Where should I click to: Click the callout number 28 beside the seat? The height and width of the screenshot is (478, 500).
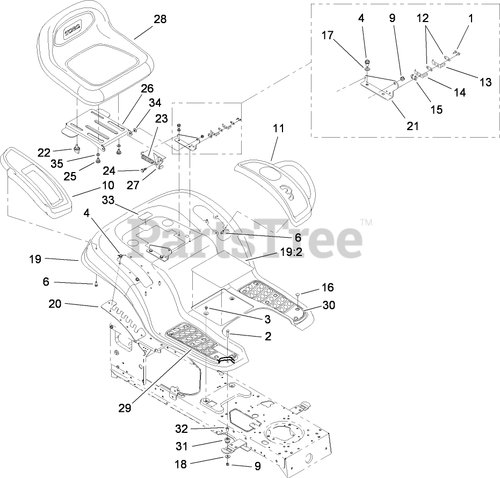pyautogui.click(x=160, y=19)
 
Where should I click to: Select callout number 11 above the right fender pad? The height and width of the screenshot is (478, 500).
pyautogui.click(x=278, y=129)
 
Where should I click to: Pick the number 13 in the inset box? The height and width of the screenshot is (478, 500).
pyautogui.click(x=485, y=82)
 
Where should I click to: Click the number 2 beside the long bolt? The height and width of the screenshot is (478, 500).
pyautogui.click(x=267, y=337)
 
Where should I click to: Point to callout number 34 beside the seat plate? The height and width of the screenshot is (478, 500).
pyautogui.click(x=155, y=102)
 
